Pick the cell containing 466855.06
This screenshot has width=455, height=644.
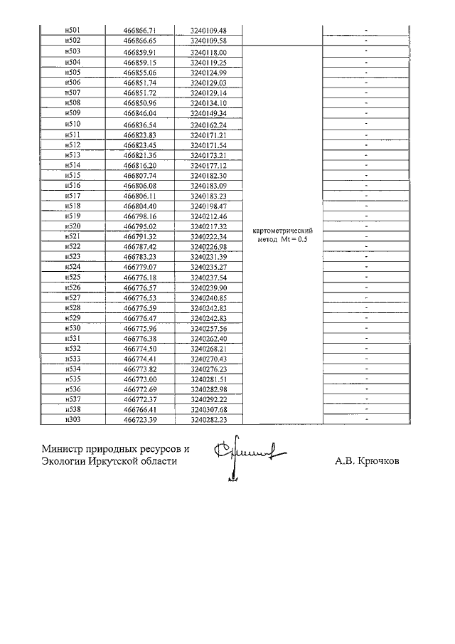point(139,73)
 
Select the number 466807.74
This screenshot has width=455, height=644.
point(139,175)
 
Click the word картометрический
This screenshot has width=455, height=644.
point(283,231)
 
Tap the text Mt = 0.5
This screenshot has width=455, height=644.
point(297,240)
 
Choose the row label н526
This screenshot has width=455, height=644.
point(72,287)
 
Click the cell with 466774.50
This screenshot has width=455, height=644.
point(139,349)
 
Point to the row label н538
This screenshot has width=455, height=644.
point(72,411)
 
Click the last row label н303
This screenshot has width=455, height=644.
point(72,421)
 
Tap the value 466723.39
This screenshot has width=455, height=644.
point(139,421)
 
